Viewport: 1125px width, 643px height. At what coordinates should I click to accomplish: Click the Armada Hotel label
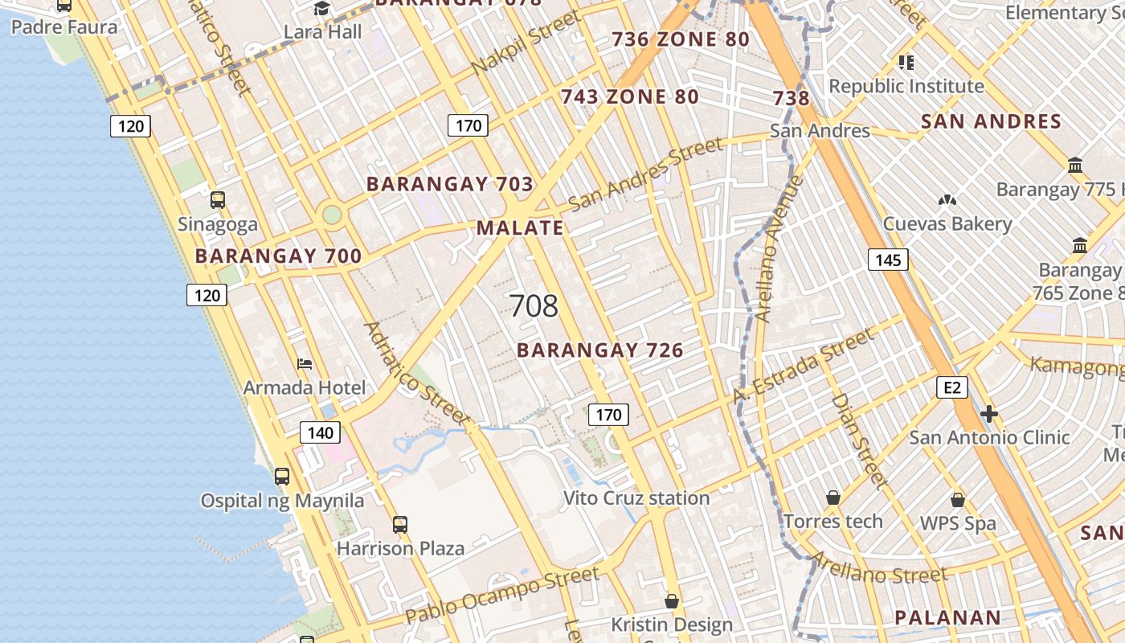click(305, 387)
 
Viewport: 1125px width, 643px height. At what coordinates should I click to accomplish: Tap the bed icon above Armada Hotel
click(305, 364)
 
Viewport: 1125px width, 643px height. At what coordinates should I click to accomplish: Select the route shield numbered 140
click(320, 432)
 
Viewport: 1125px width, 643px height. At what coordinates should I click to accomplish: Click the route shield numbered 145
click(888, 260)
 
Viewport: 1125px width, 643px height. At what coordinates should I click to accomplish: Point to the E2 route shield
click(951, 387)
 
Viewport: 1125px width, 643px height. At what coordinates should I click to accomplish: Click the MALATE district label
click(520, 227)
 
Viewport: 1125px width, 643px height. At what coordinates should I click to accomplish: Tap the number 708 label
click(534, 306)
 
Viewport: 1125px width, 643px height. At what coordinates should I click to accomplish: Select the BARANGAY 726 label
click(599, 350)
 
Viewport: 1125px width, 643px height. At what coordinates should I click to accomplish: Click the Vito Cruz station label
click(636, 498)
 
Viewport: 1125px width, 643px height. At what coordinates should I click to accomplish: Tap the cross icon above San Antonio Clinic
click(989, 414)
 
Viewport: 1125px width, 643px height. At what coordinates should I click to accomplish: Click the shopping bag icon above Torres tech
click(833, 498)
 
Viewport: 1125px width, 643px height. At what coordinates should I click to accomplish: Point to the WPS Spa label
click(958, 523)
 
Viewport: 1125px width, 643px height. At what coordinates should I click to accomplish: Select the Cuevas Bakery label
click(947, 223)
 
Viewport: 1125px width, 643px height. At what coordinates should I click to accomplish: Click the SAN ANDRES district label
click(991, 122)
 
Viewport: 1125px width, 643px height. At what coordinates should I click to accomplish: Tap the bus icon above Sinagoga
click(218, 200)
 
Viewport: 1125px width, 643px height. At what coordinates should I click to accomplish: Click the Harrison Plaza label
click(400, 548)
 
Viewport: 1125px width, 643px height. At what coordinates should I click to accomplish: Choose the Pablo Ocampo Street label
click(502, 596)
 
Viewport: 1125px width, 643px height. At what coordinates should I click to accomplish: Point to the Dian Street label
click(860, 440)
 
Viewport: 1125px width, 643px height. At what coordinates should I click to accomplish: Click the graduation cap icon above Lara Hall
click(322, 9)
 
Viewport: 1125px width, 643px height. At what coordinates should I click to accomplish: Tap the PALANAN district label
click(948, 618)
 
